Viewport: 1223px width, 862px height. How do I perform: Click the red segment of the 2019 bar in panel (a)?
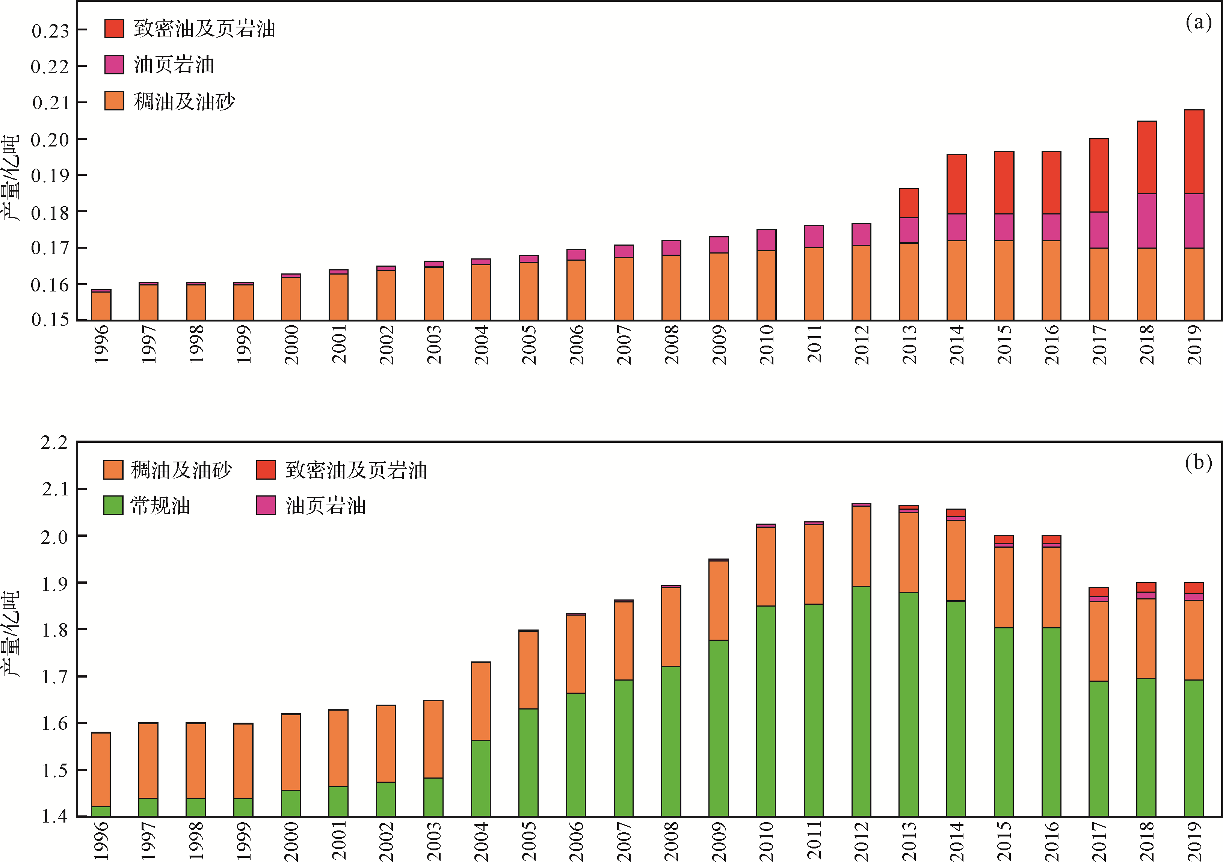click(x=1194, y=151)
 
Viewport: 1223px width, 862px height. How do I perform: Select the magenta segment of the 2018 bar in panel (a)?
click(x=1146, y=220)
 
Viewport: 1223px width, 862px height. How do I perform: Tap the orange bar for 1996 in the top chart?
click(x=101, y=306)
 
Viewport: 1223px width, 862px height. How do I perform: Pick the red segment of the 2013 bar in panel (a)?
click(x=909, y=203)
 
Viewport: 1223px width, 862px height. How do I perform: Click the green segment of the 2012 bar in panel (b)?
click(x=861, y=700)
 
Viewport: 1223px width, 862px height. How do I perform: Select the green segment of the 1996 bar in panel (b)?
click(x=101, y=811)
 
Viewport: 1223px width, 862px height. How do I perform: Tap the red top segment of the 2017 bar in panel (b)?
click(x=1099, y=592)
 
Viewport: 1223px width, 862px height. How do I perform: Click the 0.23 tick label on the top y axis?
click(x=51, y=31)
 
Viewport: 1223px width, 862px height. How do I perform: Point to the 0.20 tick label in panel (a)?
click(x=51, y=140)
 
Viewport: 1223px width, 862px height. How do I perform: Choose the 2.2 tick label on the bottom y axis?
click(x=55, y=443)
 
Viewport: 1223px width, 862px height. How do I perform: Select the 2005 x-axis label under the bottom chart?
click(x=529, y=841)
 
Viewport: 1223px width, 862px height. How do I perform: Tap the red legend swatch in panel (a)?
click(x=114, y=28)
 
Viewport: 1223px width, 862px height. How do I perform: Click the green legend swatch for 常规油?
click(x=113, y=505)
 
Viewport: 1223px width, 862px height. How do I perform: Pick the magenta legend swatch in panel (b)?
click(x=266, y=505)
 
